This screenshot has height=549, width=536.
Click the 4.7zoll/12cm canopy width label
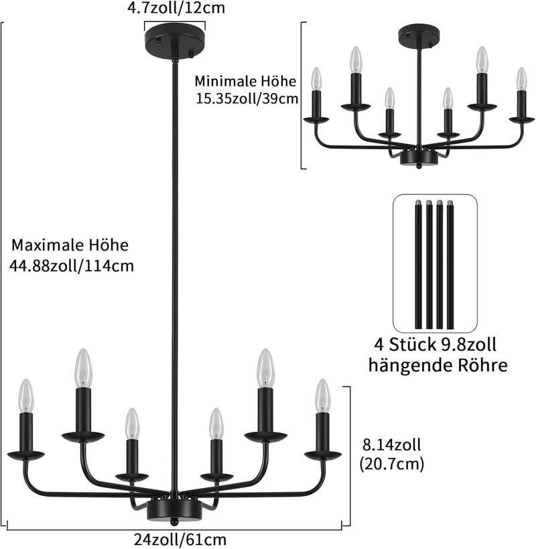[176, 8]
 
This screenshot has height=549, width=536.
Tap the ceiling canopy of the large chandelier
[175, 42]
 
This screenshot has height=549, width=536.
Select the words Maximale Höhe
[70, 245]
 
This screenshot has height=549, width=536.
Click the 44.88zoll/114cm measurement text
[72, 266]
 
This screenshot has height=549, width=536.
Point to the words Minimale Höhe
[245, 81]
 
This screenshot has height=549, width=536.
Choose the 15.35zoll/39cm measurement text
[247, 98]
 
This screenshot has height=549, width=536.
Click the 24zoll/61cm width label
[180, 540]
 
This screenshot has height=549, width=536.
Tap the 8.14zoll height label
[392, 445]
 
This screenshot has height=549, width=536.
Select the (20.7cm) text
[392, 464]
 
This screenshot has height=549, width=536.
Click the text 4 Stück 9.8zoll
[435, 345]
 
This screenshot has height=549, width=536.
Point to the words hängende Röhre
[438, 366]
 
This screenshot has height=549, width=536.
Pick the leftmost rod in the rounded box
[418, 264]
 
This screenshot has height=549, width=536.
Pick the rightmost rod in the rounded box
[450, 264]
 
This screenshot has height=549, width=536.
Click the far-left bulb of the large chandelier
[26, 396]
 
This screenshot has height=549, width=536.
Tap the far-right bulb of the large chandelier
[323, 396]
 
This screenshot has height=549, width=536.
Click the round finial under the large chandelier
[174, 522]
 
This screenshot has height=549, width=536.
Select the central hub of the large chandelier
[174, 510]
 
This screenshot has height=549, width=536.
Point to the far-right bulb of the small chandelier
[522, 78]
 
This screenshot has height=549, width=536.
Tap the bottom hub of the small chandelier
[419, 158]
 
